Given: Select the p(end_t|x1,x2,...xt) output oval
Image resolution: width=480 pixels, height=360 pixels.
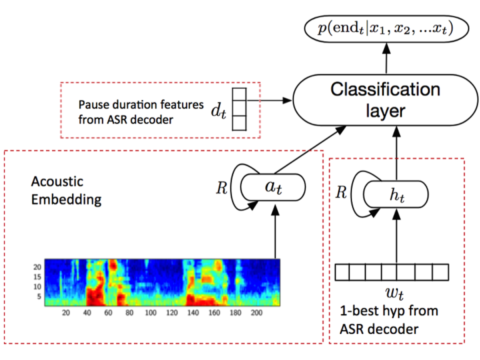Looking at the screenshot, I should click(x=386, y=30).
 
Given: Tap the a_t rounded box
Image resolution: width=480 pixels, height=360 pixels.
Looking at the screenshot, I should click(x=273, y=187).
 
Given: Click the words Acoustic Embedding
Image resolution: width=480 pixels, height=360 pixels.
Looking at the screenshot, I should click(x=66, y=190).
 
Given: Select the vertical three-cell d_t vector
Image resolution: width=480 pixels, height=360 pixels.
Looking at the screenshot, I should click(x=239, y=109).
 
